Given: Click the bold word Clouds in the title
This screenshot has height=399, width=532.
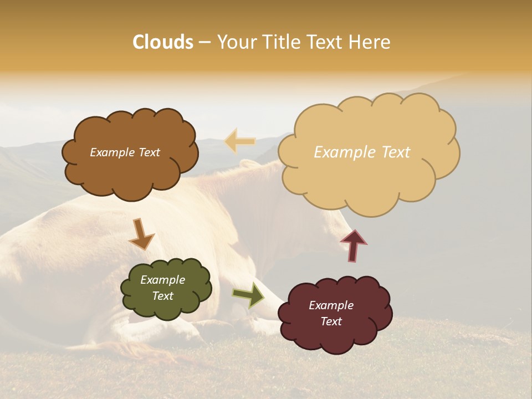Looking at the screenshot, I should point(163,42).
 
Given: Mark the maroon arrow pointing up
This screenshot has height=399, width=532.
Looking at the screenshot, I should point(353,245).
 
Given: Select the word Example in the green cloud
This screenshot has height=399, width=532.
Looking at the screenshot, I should point(162,280).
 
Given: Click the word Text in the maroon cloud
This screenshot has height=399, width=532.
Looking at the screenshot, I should point(331,321).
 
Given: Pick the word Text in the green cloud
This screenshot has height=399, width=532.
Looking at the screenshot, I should point(162,296).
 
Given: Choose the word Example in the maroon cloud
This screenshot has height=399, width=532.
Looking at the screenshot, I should point(331,305).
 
